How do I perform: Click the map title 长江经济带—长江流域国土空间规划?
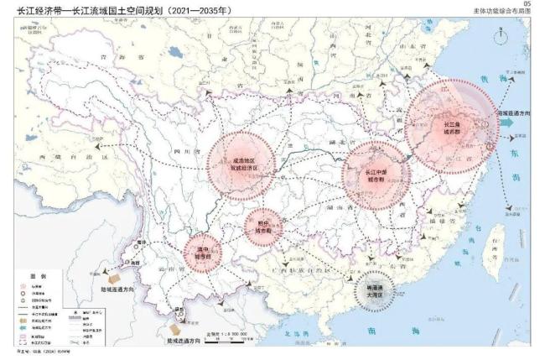[x=117, y=10]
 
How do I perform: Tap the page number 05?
[x=526, y=4]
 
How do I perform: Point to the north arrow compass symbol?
[x=501, y=37]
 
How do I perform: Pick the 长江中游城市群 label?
[x=375, y=176]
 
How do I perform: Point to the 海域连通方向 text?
[x=514, y=111]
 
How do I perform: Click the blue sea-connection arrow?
[x=508, y=122]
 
